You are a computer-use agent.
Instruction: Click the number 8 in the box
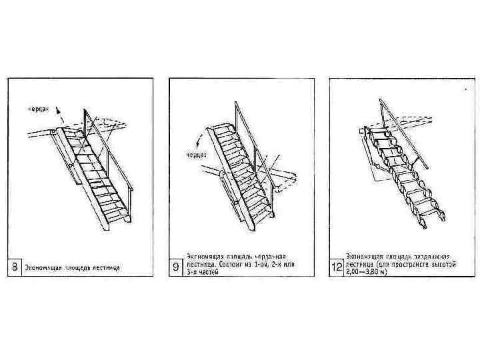point(14,268)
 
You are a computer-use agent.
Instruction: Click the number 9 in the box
point(175,268)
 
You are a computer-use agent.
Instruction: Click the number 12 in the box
point(337,268)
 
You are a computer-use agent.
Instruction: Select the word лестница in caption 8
point(103,269)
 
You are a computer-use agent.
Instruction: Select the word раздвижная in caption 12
point(432,257)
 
